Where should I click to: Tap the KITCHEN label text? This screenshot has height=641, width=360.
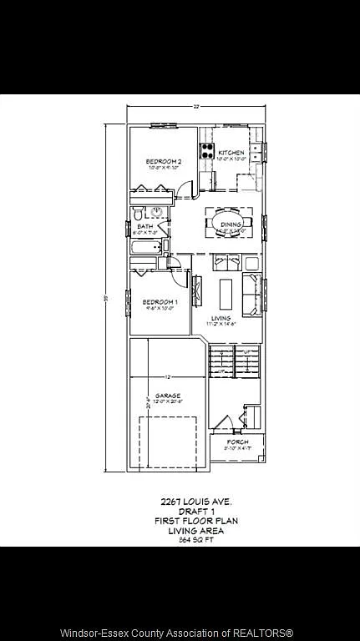(x=231, y=153)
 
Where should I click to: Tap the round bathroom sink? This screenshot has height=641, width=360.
(x=156, y=212)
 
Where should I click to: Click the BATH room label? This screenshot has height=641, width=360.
(x=145, y=226)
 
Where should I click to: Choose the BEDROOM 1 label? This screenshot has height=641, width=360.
(x=159, y=301)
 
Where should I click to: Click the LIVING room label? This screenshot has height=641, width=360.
(x=221, y=318)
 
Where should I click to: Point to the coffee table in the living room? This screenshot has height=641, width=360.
(x=226, y=292)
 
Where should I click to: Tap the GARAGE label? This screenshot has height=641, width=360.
(x=167, y=396)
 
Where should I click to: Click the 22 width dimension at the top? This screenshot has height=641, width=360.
(x=195, y=107)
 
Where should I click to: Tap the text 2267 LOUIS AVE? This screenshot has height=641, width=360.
(x=195, y=502)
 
